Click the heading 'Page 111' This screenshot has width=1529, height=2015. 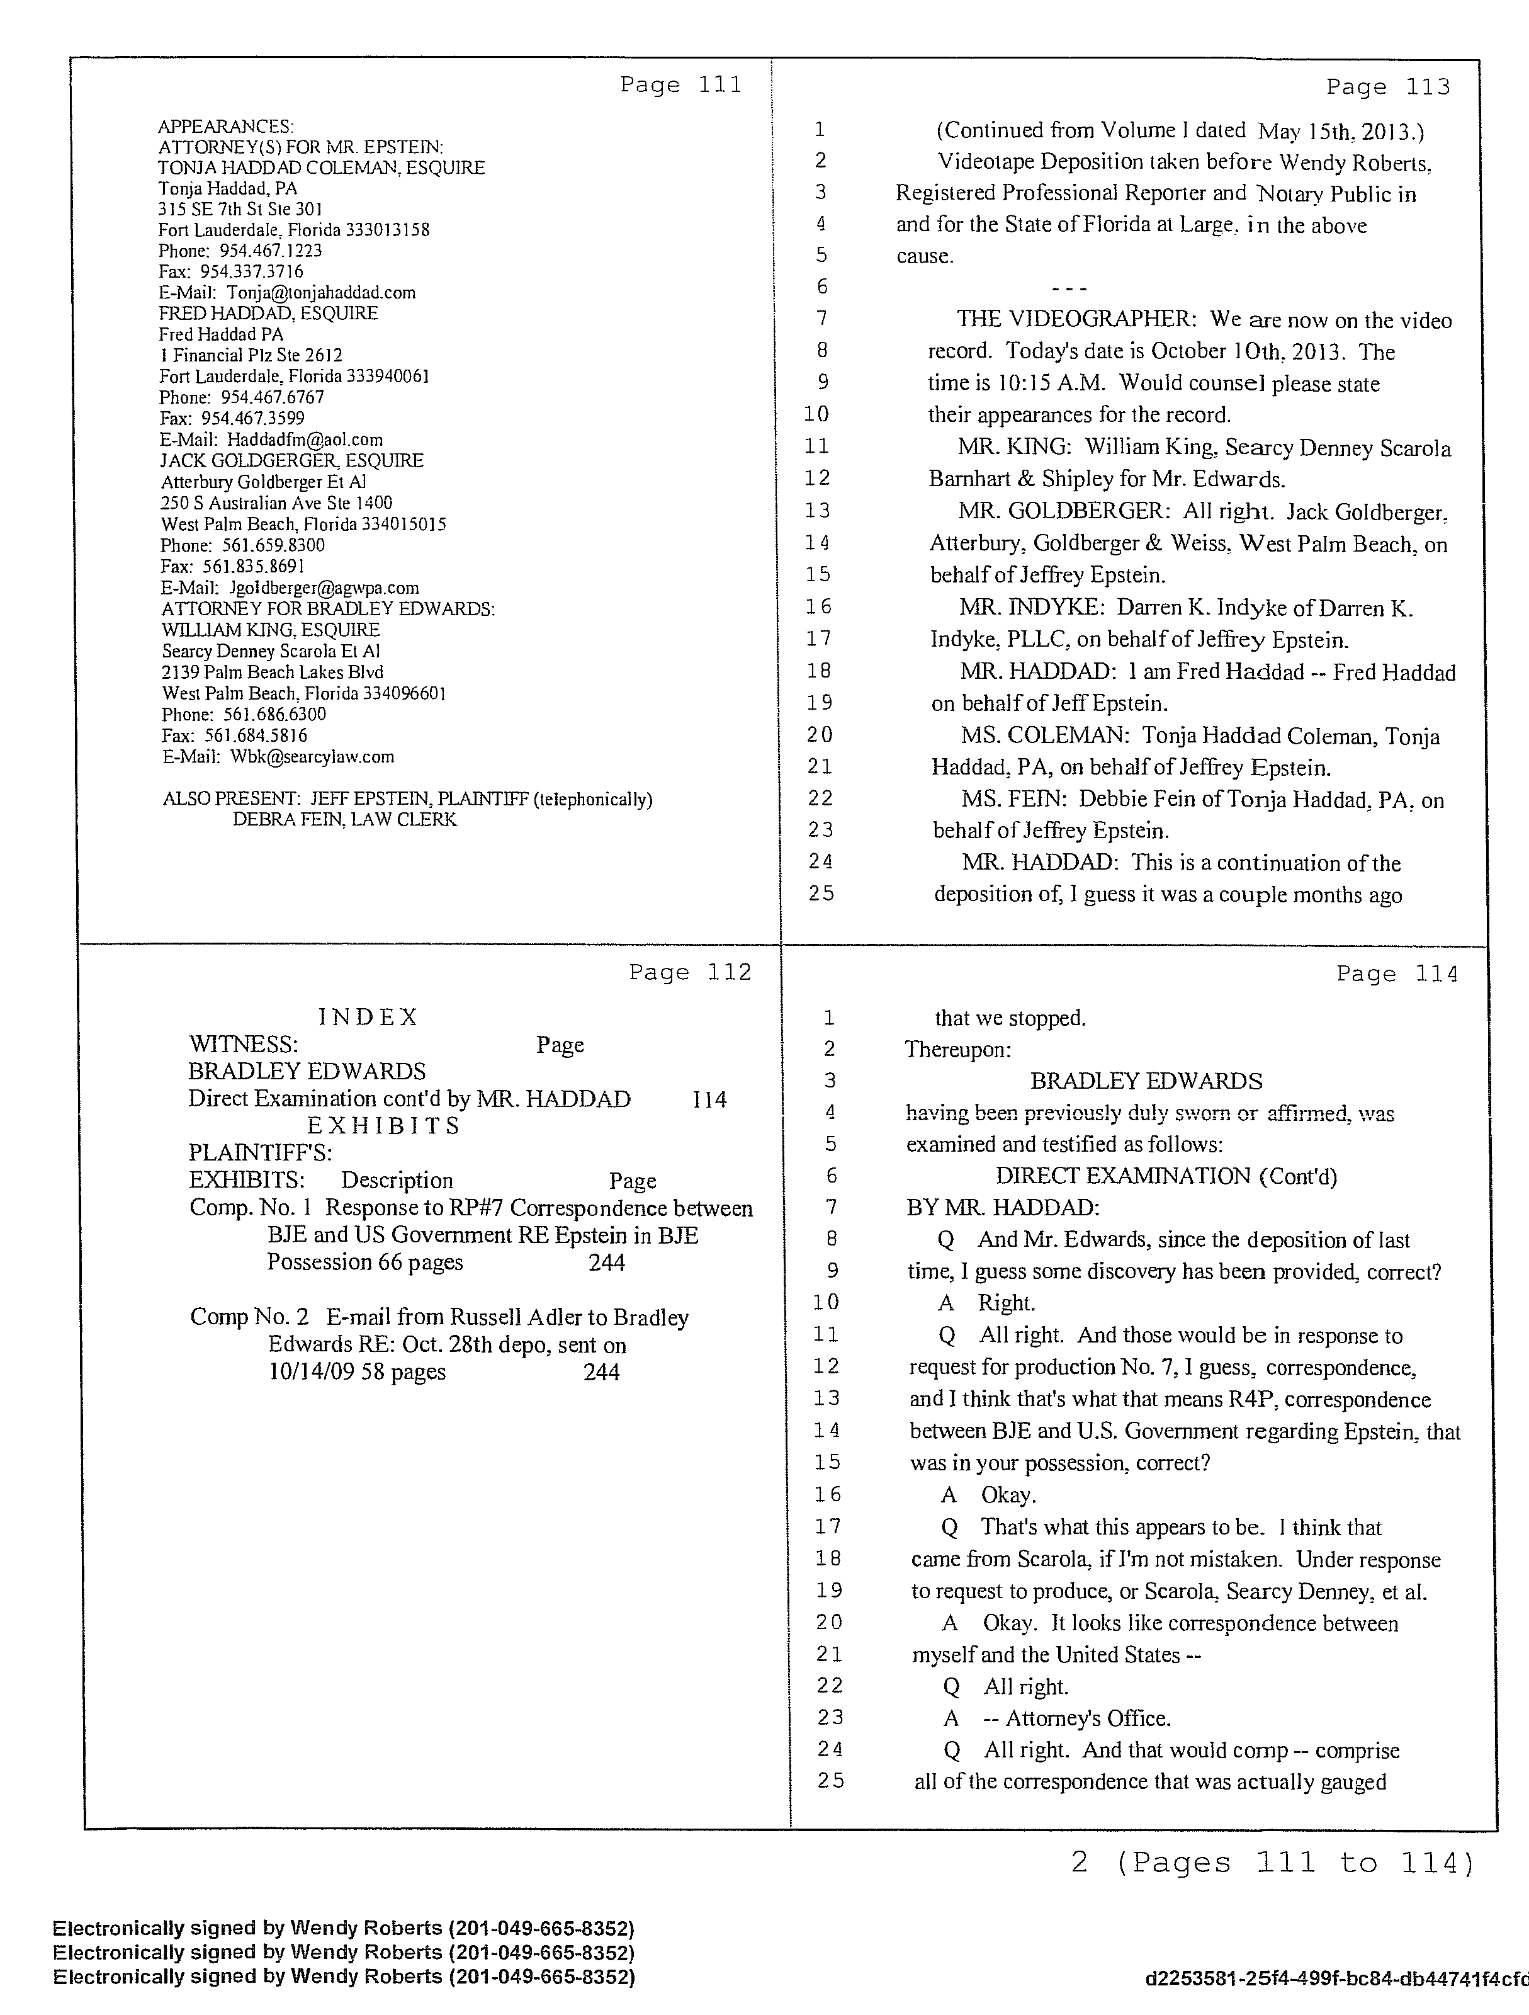click(x=680, y=86)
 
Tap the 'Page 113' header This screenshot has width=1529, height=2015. click(x=1388, y=88)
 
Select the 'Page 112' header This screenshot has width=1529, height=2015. click(x=689, y=973)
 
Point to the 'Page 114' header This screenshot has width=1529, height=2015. click(x=1397, y=975)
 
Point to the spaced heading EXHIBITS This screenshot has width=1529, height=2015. click(x=383, y=1126)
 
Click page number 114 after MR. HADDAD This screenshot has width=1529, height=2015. click(x=709, y=1099)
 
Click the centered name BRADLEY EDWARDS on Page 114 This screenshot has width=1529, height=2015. click(x=1146, y=1081)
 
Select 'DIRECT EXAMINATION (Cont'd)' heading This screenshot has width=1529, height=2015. click(x=1166, y=1176)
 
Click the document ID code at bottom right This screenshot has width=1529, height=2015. click(x=1336, y=1978)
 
